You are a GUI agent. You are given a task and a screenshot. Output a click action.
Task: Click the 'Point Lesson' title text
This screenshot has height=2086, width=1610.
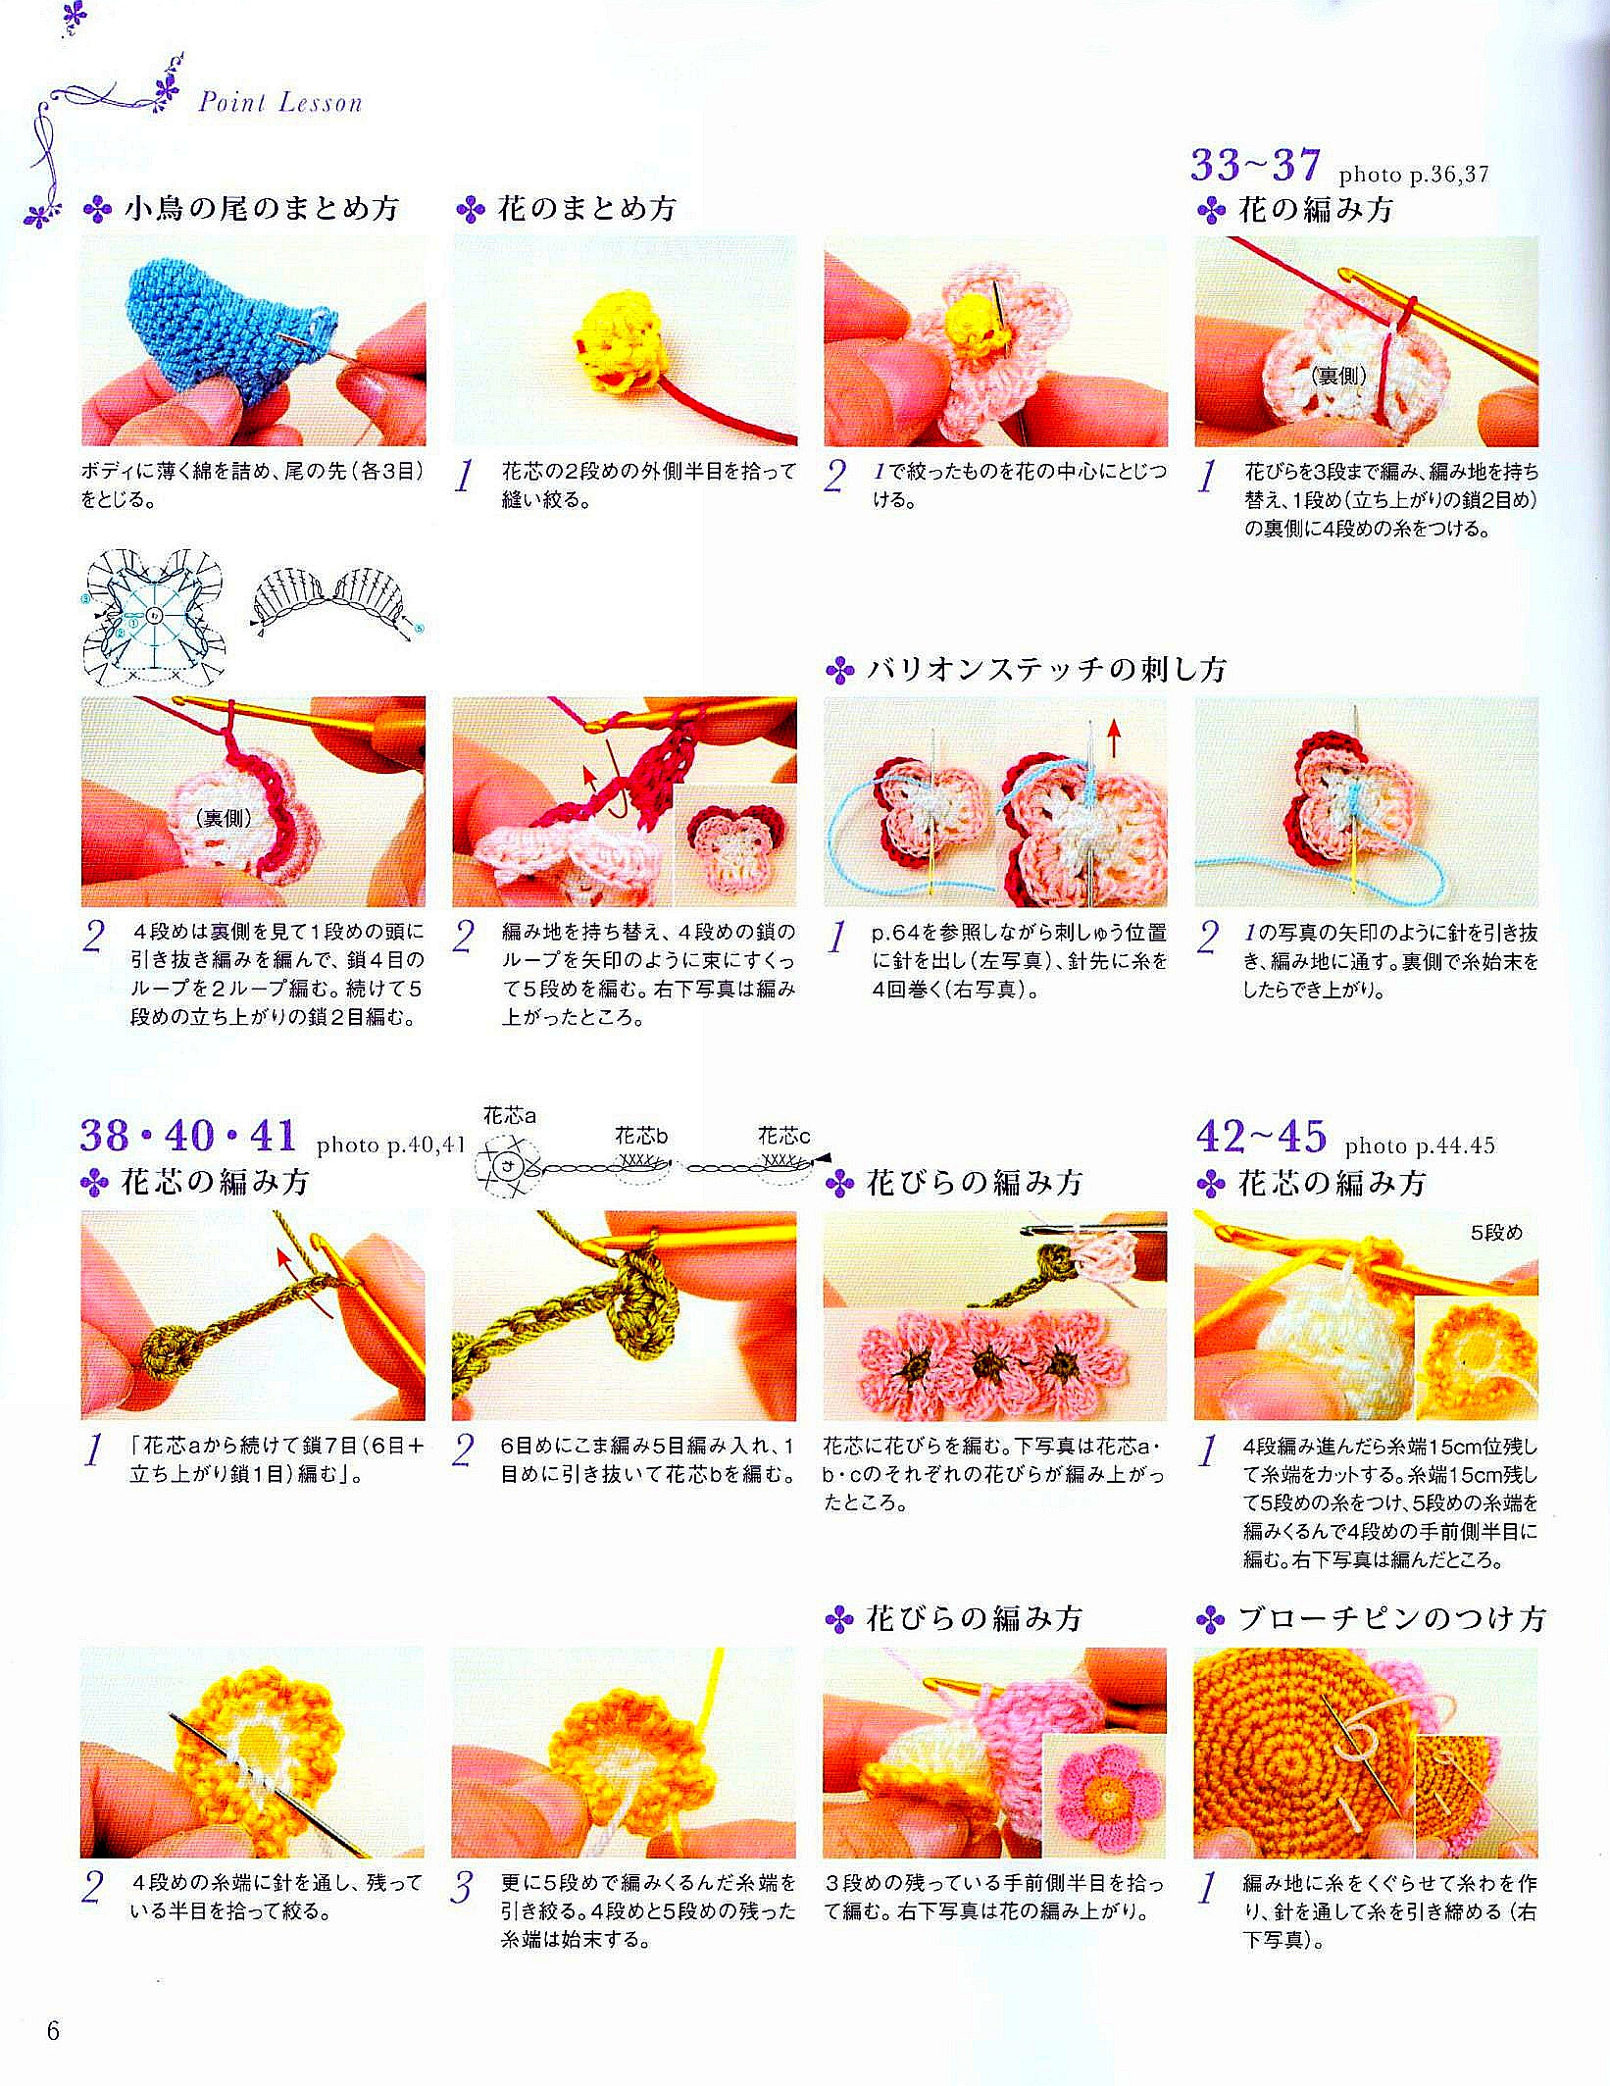coord(280,102)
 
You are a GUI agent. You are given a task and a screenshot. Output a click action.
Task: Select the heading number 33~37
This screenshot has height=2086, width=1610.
coord(1256,164)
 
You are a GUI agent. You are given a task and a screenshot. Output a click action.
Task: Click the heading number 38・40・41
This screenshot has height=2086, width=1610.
coord(188,1135)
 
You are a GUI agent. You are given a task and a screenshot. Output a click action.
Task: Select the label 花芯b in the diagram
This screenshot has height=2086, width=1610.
coord(641,1136)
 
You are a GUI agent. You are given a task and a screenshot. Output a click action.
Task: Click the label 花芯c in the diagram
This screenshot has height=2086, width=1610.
coord(783,1136)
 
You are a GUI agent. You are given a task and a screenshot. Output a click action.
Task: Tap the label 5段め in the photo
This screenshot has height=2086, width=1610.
coord(1497,1233)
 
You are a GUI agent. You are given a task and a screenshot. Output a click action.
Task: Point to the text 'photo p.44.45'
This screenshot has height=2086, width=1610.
coord(1420,1145)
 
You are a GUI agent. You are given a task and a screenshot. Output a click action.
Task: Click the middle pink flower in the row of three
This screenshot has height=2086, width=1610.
coord(991,1362)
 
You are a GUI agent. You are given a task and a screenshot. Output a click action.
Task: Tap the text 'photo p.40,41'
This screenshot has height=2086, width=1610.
coord(389,1145)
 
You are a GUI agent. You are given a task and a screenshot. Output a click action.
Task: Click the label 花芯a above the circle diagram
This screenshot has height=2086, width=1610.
coord(510,1115)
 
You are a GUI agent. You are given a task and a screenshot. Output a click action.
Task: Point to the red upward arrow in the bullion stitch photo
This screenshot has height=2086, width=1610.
coord(1114,738)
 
